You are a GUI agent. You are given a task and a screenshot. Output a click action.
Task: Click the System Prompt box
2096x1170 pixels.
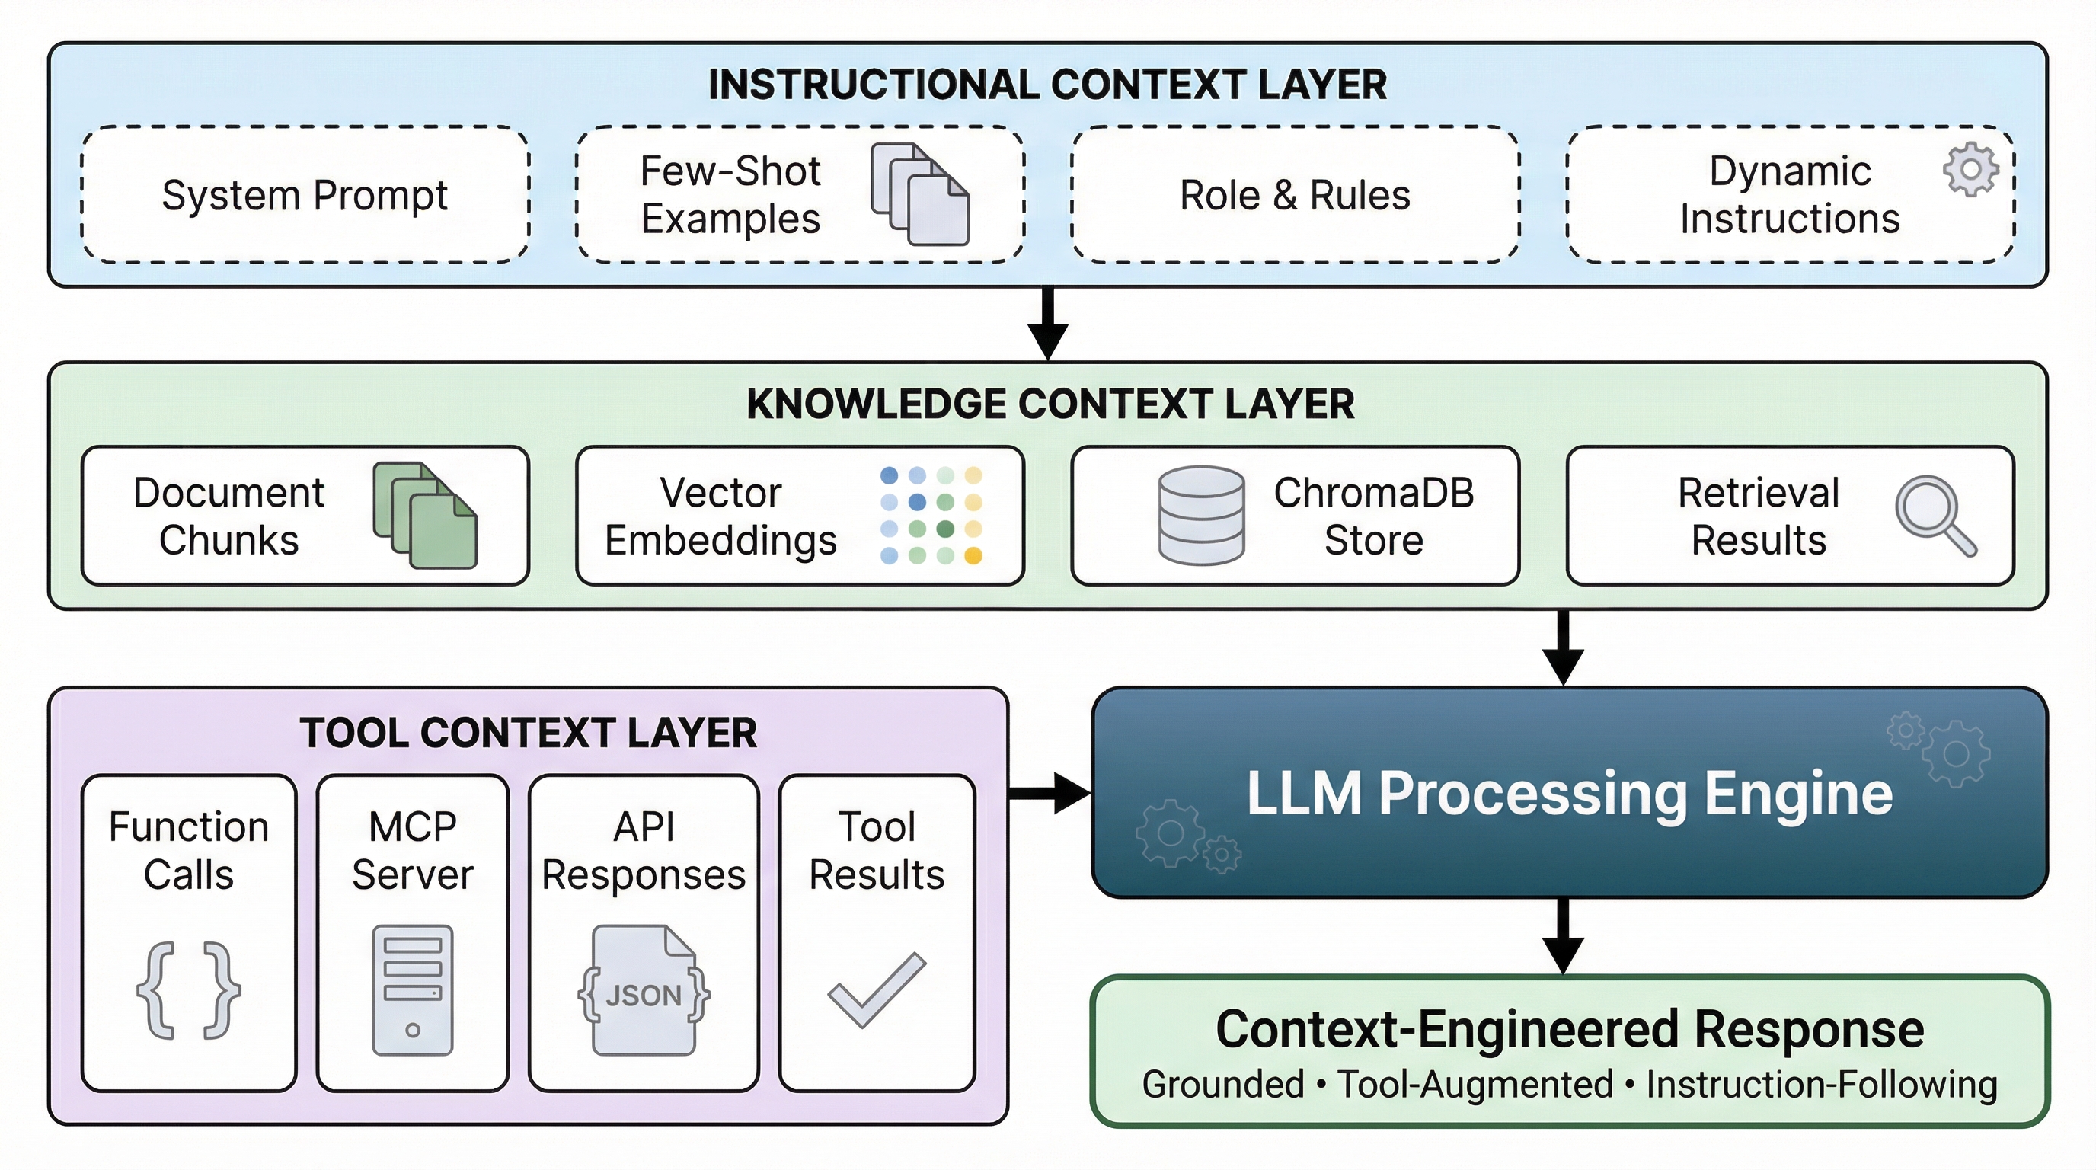305,195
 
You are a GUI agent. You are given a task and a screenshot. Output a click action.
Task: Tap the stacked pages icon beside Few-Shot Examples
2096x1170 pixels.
920,194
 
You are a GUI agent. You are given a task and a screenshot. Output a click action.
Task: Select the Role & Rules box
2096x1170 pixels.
1295,195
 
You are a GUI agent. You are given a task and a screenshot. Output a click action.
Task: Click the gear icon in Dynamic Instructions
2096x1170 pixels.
1970,169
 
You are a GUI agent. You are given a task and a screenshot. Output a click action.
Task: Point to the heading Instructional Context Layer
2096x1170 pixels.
1047,85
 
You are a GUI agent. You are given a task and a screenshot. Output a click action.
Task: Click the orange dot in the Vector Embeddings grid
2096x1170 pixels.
973,556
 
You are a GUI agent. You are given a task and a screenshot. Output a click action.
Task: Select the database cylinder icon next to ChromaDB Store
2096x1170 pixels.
1201,515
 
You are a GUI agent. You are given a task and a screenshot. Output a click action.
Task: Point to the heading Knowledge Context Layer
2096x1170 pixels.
1050,404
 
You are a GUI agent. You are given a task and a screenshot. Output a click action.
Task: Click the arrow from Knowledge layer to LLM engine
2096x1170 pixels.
1563,648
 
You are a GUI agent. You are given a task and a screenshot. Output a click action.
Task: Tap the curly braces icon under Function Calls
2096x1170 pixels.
189,990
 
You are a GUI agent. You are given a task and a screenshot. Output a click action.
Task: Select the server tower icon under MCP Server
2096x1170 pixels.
413,990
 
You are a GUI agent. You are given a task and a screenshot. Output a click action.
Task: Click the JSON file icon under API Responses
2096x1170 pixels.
644,991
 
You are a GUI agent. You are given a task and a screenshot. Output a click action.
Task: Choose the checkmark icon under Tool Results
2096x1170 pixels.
877,990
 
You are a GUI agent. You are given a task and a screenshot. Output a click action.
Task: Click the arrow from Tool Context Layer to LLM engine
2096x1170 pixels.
1049,792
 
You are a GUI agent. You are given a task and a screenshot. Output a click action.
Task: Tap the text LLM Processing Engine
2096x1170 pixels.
1569,793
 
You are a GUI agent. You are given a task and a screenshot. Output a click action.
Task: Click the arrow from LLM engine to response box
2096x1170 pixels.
1563,935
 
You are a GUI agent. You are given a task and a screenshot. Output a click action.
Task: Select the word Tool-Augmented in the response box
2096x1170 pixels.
1475,1085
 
